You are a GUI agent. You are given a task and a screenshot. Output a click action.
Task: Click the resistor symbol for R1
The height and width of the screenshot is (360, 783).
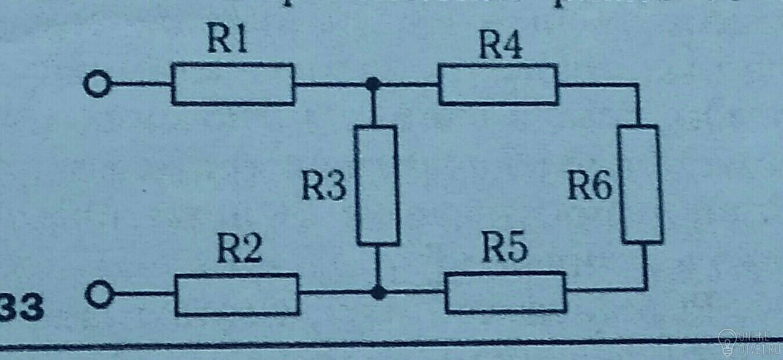(233, 85)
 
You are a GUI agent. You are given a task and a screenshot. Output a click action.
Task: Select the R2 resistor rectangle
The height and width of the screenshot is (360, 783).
(237, 294)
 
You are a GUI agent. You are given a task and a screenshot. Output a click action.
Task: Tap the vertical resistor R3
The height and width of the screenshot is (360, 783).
(377, 184)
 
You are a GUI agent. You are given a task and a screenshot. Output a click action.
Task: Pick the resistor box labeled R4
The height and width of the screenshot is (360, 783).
(498, 85)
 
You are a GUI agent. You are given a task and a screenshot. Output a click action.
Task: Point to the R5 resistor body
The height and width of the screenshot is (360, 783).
(505, 292)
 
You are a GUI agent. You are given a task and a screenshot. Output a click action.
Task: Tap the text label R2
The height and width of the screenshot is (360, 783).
(240, 251)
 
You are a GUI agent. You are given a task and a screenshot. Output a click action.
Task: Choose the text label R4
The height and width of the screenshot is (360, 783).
(500, 45)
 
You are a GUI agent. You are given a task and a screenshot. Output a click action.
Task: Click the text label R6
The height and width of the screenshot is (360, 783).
(589, 187)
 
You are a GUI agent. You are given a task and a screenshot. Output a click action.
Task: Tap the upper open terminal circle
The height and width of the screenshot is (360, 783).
(96, 85)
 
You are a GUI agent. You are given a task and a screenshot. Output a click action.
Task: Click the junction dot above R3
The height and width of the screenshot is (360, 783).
(374, 85)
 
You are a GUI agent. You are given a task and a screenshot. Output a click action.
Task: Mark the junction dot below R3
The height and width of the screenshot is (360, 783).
(378, 293)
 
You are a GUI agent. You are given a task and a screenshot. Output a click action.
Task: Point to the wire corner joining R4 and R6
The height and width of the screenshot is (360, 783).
(638, 85)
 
